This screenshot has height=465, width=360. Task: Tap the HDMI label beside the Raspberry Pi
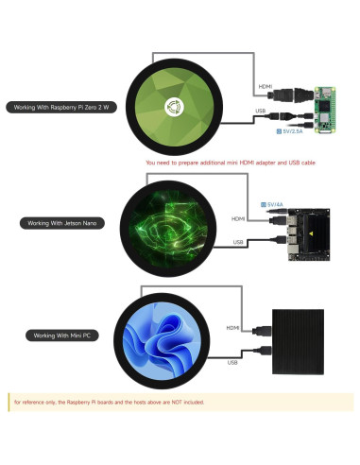click(266, 87)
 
